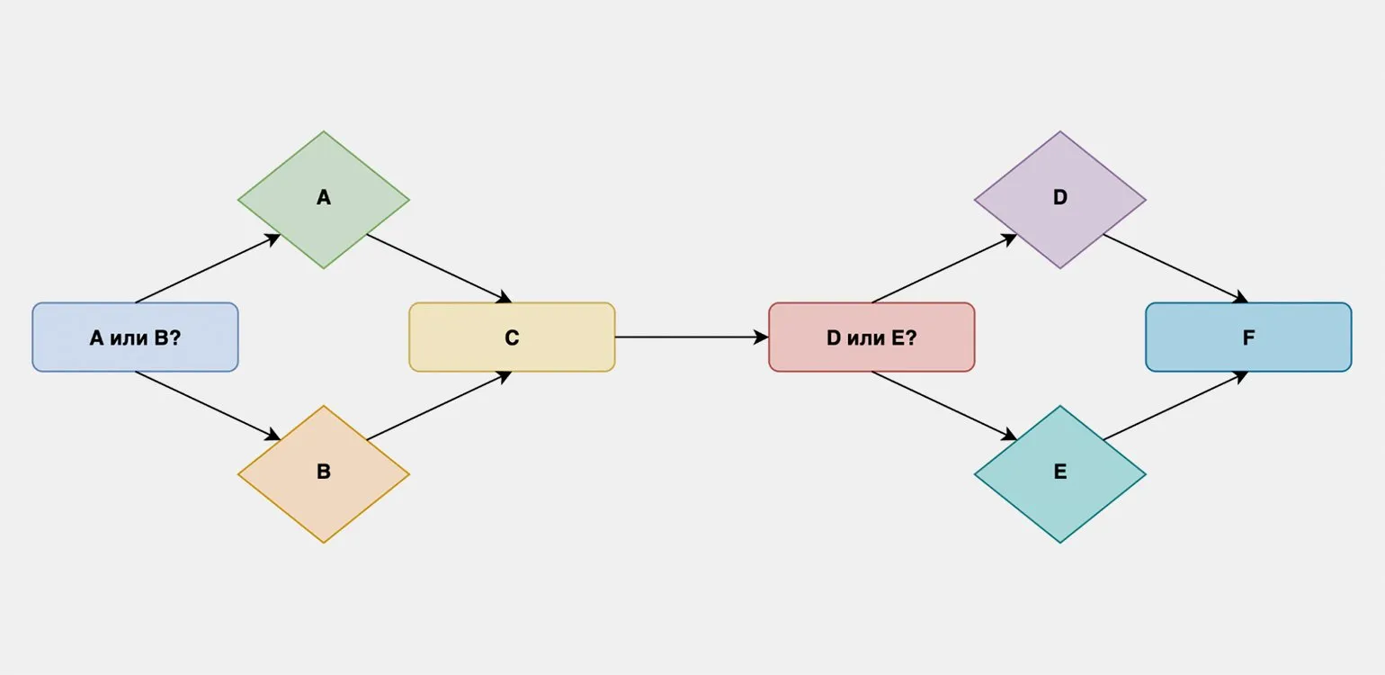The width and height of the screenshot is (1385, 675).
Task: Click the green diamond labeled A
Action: click(x=324, y=200)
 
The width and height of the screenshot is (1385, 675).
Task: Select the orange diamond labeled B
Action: click(x=324, y=474)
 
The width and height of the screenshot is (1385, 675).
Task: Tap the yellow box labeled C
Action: click(x=512, y=337)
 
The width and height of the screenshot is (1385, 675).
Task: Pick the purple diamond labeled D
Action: click(x=1059, y=200)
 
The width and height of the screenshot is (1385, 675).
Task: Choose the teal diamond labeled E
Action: click(x=1059, y=474)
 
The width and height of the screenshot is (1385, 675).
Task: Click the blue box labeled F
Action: click(x=1248, y=337)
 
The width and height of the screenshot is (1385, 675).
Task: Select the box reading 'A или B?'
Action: click(x=136, y=337)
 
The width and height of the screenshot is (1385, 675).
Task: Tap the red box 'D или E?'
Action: click(x=871, y=337)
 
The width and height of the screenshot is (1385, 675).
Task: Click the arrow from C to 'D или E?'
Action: click(x=692, y=337)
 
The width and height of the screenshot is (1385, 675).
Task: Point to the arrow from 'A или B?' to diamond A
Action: click(x=208, y=268)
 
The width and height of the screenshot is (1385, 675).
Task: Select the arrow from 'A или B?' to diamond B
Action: click(x=208, y=406)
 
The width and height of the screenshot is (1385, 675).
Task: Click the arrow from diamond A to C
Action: click(x=439, y=268)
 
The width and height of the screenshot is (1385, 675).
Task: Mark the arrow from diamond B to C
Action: click(x=439, y=406)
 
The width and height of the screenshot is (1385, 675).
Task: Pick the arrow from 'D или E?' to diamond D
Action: click(x=944, y=268)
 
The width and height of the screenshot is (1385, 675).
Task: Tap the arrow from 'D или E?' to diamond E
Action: click(x=944, y=406)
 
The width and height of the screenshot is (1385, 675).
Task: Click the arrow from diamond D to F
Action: click(x=1175, y=268)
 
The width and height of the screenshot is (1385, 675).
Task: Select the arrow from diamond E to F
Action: click(x=1175, y=406)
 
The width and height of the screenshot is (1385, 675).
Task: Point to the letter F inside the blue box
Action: click(x=1248, y=337)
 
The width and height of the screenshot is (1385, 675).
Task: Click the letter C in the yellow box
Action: click(x=512, y=337)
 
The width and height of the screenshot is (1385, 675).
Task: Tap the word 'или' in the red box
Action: click(x=865, y=338)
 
